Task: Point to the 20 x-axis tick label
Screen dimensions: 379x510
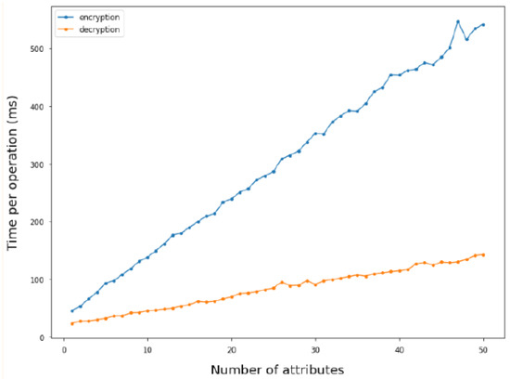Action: [x=232, y=350]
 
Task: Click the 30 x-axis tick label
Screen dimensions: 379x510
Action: [x=315, y=350]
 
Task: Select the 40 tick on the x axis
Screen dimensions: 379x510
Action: [x=400, y=350]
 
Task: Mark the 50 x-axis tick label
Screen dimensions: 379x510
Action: [x=483, y=350]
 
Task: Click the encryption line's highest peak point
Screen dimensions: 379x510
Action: [x=458, y=21]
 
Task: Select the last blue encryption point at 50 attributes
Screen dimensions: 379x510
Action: [x=483, y=24]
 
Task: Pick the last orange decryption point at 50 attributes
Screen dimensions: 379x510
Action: [x=483, y=255]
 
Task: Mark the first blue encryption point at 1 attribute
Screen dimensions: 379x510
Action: [x=72, y=311]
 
